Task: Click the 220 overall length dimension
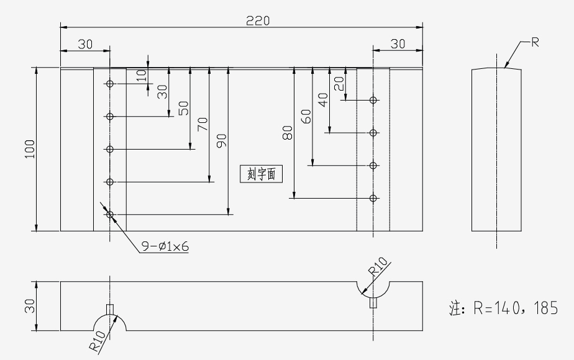(258, 20)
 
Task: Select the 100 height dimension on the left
(30, 149)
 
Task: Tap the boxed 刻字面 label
(262, 174)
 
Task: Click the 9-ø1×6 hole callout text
(165, 246)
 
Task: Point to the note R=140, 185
(504, 308)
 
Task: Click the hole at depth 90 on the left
(110, 214)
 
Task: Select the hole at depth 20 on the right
(373, 100)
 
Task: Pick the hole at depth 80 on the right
(373, 198)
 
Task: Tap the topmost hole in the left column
(110, 84)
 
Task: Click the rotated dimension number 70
(203, 124)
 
